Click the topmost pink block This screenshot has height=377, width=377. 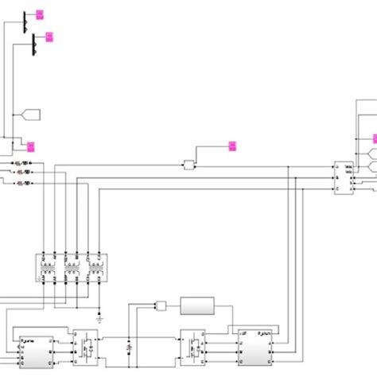[41, 14]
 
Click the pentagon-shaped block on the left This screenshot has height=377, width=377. [30, 113]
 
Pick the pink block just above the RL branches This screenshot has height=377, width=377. [31, 146]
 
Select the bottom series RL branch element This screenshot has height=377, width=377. [24, 183]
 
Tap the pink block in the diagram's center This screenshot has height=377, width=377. [232, 146]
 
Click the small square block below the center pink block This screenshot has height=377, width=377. [188, 165]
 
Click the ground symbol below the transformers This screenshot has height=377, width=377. [99, 315]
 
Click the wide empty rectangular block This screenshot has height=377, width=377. [197, 305]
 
